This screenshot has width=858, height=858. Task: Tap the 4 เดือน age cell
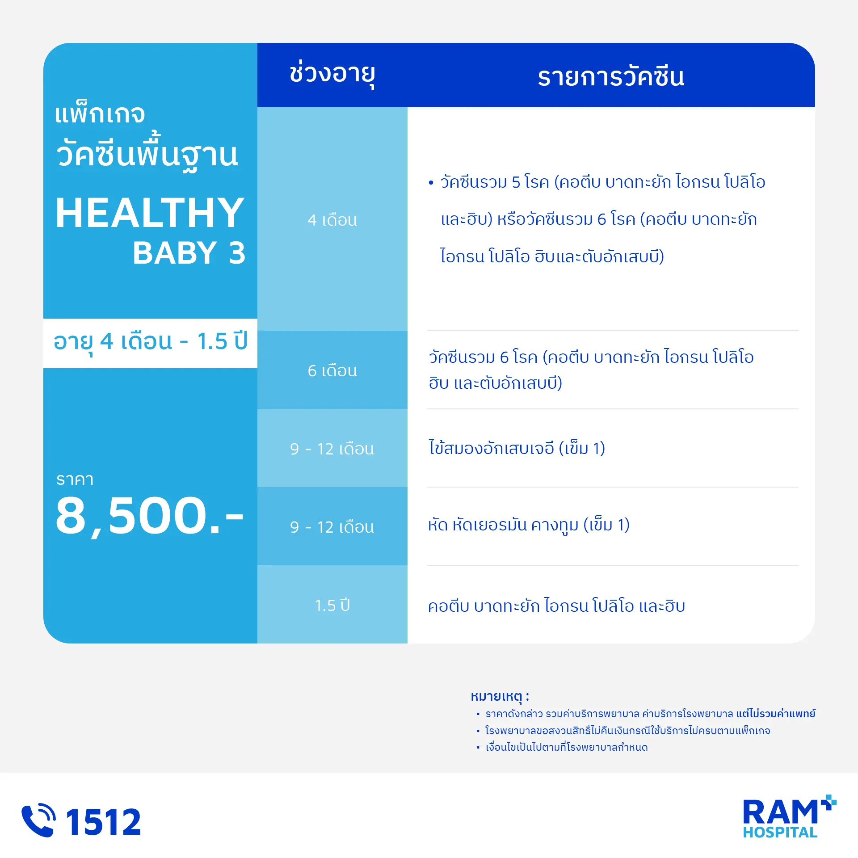coord(332,219)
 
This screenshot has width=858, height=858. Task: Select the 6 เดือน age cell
coord(332,370)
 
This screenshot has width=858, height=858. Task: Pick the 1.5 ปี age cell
coord(332,605)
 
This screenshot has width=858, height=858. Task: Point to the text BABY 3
coord(189,252)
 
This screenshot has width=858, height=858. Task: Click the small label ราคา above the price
coord(75,479)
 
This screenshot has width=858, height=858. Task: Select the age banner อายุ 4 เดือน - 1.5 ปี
coord(150,342)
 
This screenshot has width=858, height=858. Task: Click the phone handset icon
coord(38,820)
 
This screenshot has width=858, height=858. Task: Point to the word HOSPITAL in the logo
coord(780,832)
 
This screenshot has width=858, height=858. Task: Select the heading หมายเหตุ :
coord(500,696)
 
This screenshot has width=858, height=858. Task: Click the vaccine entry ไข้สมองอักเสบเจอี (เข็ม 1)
coord(517,448)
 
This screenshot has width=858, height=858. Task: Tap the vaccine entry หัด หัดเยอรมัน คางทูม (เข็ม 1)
coord(529,525)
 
